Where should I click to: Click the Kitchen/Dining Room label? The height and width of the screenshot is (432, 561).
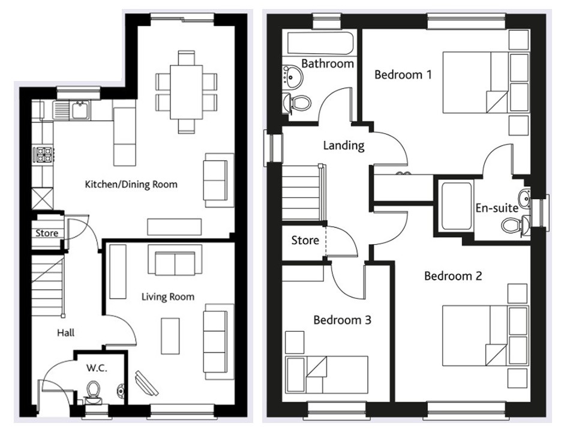pos(131,184)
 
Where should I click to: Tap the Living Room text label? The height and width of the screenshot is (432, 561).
pos(168,296)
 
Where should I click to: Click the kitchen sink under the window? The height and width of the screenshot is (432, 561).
pos(77,110)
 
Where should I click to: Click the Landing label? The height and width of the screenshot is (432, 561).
pos(343,145)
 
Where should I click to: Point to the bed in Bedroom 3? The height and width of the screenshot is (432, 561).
pos(326,373)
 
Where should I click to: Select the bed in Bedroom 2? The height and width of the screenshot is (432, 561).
pos(485,335)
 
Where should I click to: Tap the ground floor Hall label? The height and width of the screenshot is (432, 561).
pos(66,332)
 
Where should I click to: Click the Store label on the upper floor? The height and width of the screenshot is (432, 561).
pos(305,241)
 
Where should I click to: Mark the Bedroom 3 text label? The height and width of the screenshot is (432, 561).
pos(342,320)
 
